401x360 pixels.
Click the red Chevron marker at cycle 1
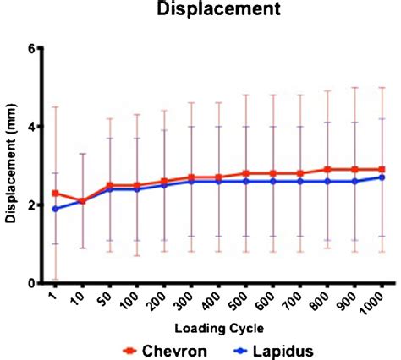55,194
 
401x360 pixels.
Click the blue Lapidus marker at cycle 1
55,209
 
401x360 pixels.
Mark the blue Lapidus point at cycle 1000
382,177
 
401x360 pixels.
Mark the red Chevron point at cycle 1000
382,170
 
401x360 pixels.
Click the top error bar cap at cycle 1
55,107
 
